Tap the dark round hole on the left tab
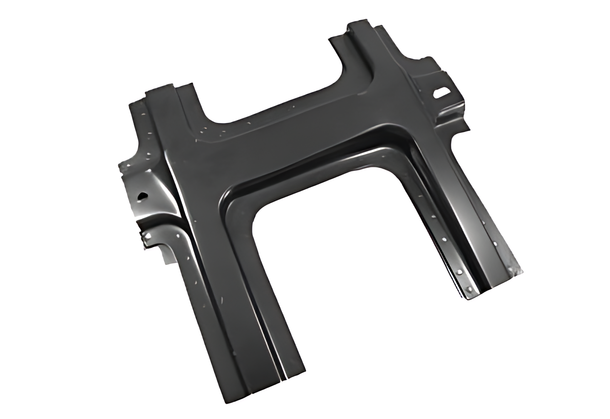(142, 196)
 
